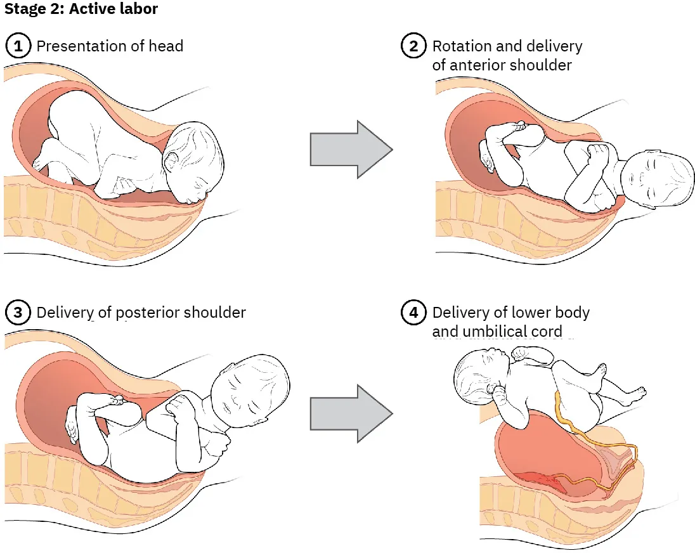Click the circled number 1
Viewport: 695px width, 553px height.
click(18, 46)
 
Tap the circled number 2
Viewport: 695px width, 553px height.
click(413, 46)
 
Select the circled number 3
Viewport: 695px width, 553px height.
click(18, 313)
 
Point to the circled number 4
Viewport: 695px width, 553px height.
click(413, 313)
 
